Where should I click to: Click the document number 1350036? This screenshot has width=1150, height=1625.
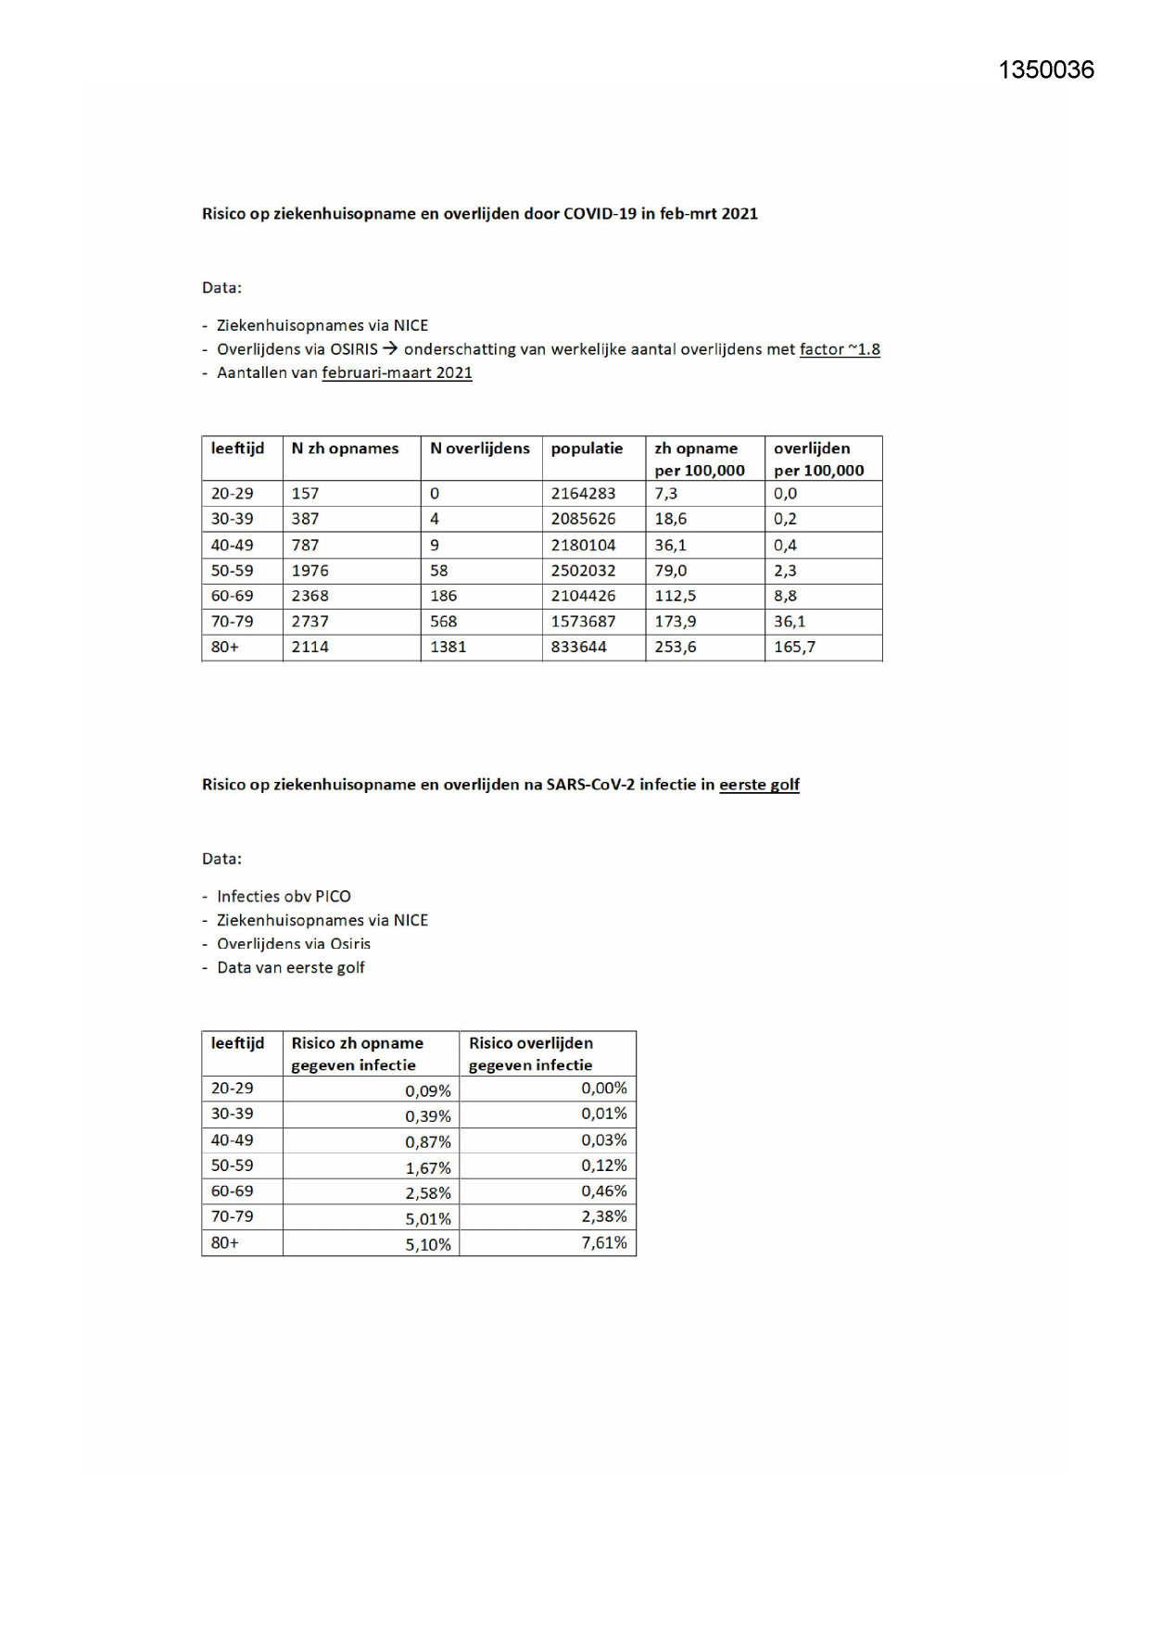pos(1046,70)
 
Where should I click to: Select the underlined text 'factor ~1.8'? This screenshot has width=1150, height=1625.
pos(840,349)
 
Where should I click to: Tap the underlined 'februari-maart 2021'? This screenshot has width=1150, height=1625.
pos(397,372)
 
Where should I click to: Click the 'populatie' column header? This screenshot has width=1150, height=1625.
pos(587,448)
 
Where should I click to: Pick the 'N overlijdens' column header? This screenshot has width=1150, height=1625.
pos(479,448)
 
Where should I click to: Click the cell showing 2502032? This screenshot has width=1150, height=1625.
pos(583,571)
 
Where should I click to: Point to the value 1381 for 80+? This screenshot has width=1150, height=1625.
pos(448,647)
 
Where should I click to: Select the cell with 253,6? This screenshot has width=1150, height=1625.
pos(675,647)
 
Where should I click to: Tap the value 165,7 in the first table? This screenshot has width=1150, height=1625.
pos(794,647)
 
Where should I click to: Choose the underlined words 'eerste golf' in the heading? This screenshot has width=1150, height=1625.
pos(759,785)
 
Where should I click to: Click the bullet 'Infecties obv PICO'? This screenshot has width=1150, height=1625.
pos(284,896)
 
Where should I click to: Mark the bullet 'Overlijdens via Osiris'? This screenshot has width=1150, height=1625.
pos(293,944)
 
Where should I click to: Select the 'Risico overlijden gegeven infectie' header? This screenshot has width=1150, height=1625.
pos(530,1053)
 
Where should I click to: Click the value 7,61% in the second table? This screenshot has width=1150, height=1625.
pos(604,1242)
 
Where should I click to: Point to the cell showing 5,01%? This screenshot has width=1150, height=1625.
pos(427,1219)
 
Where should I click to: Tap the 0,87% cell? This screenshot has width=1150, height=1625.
pos(427,1142)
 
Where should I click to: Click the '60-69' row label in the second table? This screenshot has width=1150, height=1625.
pos(232,1191)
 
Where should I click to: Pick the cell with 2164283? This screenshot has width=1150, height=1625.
pos(583,494)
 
